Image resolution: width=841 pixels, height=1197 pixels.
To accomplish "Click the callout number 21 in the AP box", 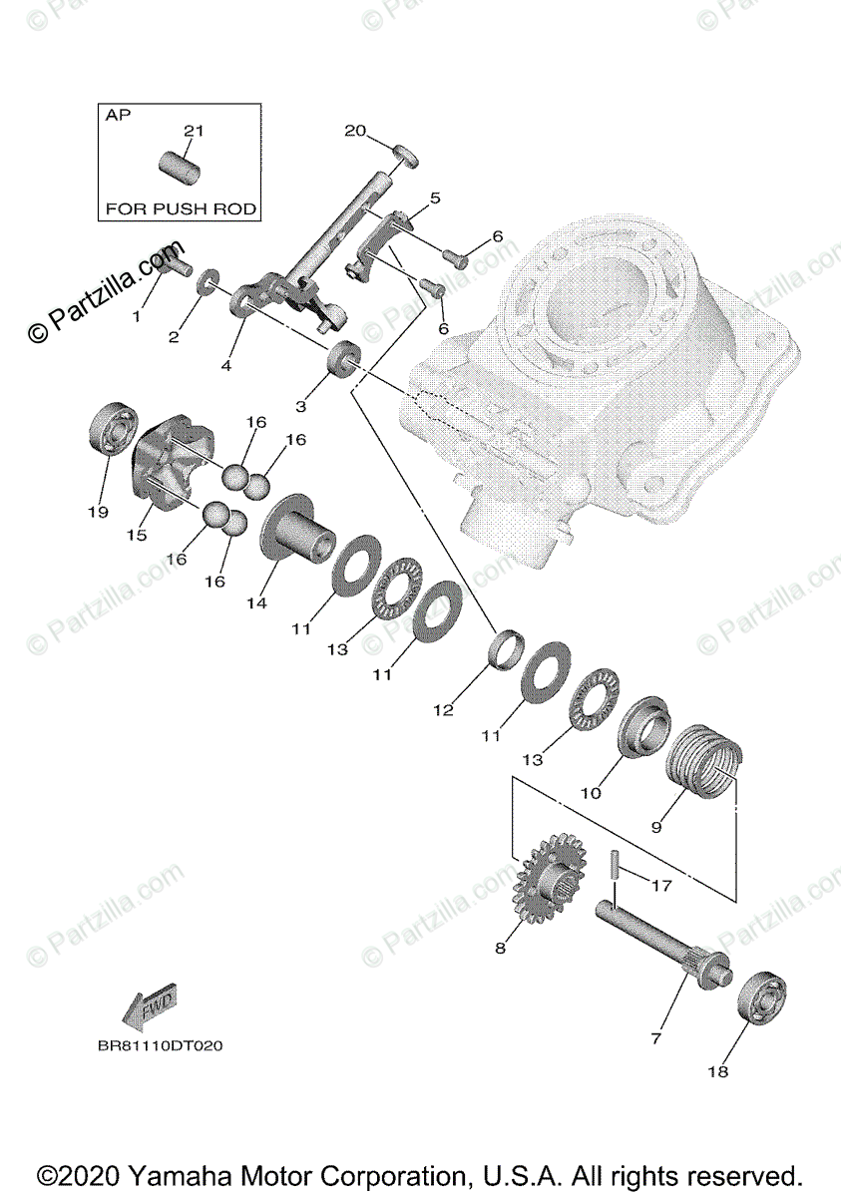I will coord(194,131).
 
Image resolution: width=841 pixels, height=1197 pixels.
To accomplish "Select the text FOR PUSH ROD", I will coord(181,209).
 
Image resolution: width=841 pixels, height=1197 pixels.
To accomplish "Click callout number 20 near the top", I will coord(356,131).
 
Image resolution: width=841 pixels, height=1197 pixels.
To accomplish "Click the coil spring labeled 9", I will coord(702,767).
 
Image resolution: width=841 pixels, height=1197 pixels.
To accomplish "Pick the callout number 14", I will coord(257,603).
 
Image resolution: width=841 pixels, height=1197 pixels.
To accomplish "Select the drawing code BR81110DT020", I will coord(160,1046).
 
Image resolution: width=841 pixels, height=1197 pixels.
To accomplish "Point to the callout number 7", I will coord(656,1038).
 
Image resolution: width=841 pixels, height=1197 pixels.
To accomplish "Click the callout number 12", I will coord(443,710).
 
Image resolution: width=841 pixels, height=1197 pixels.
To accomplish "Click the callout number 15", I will coord(137,535).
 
